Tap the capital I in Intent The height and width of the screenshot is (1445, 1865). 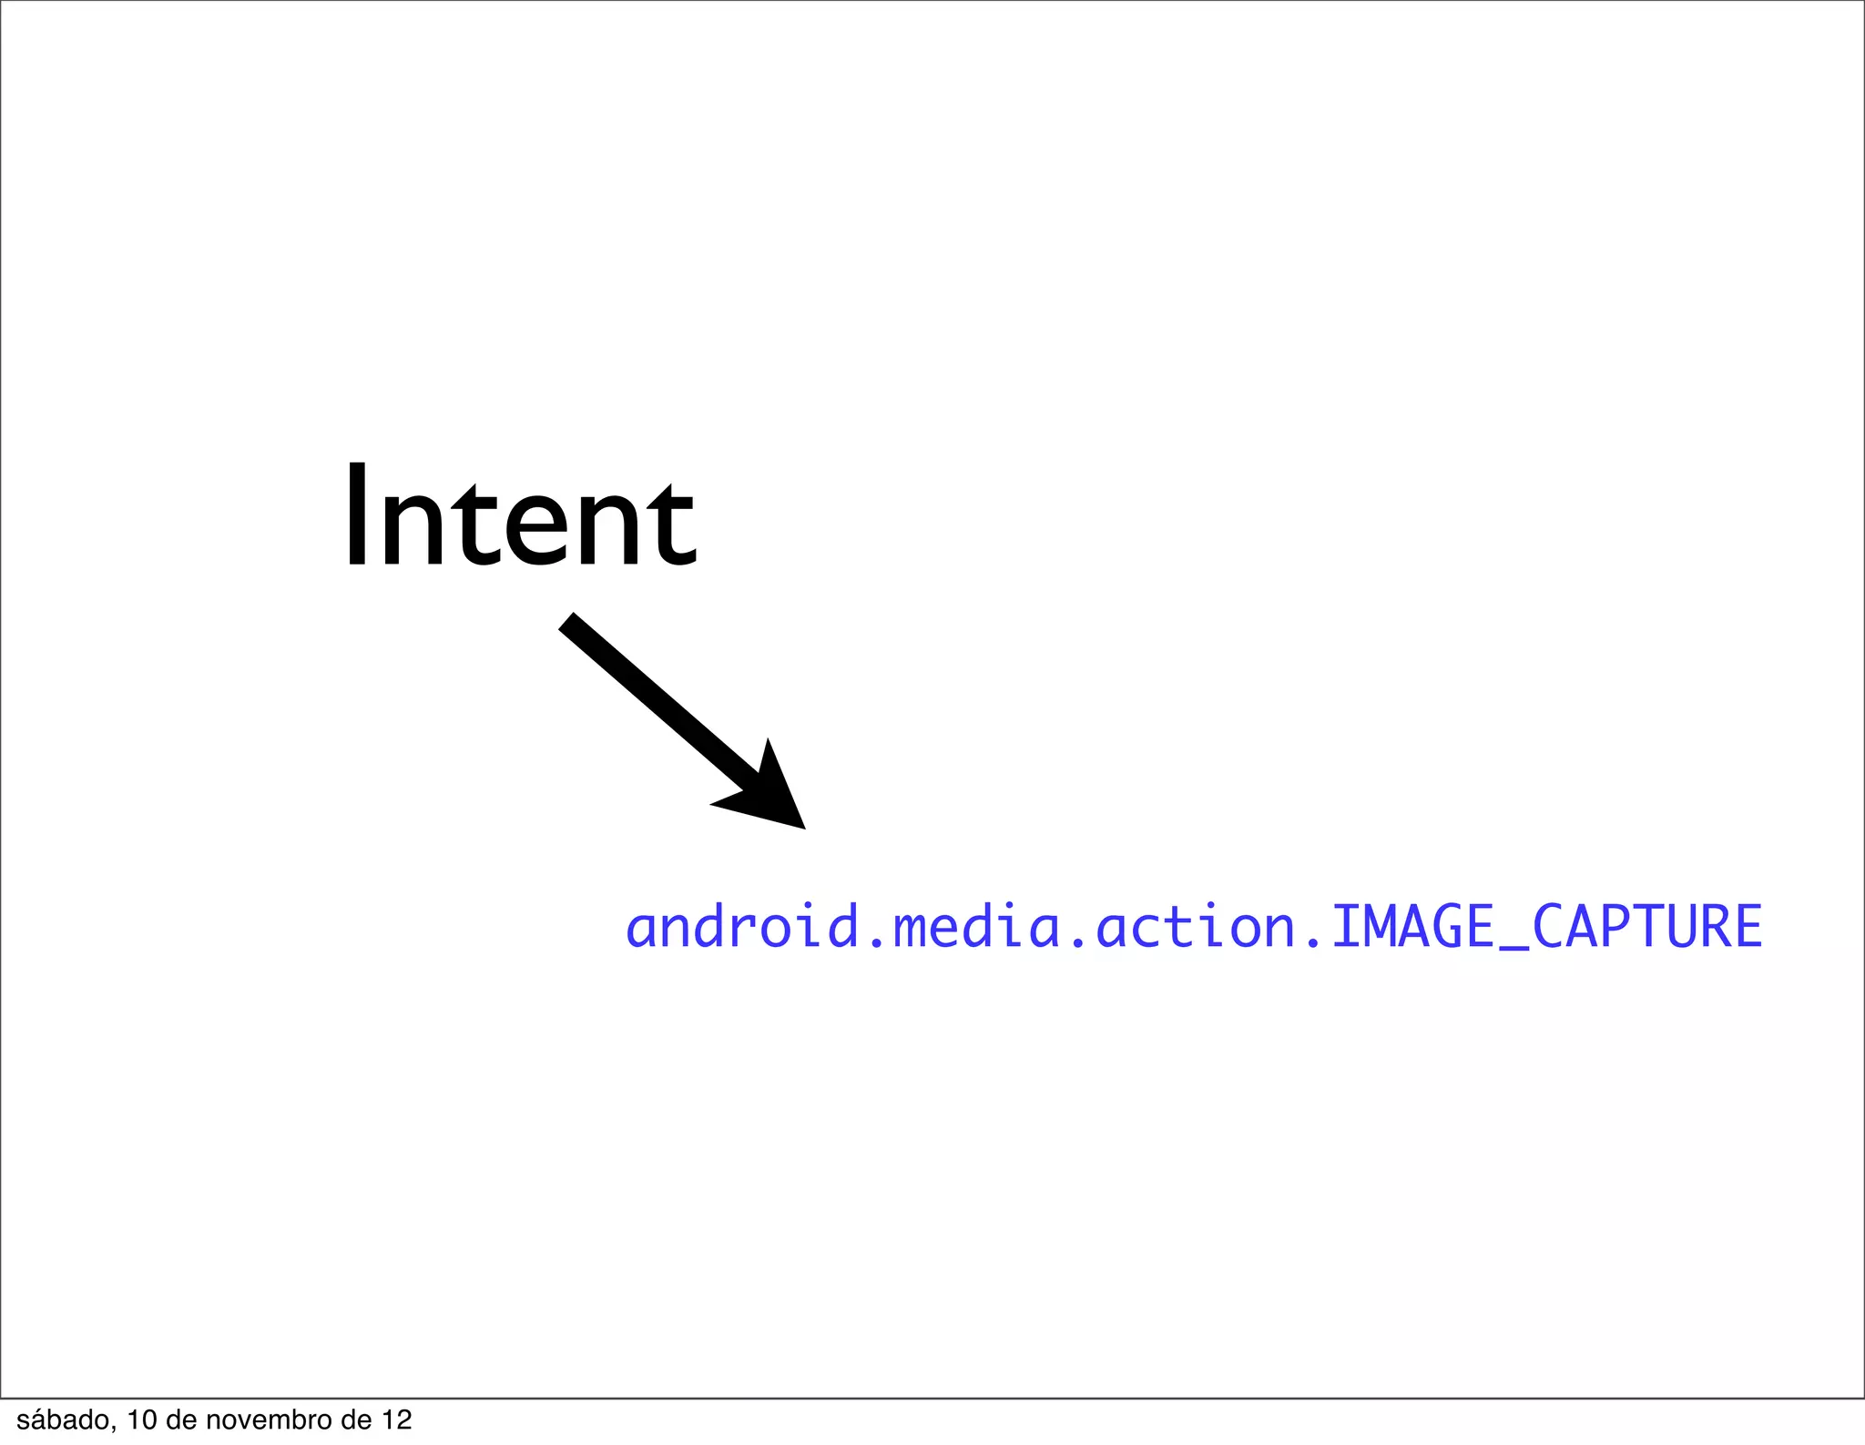click(357, 517)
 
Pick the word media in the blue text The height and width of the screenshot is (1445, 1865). click(977, 928)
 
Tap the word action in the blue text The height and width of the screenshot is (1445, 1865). click(1196, 928)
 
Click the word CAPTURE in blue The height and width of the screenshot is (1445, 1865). click(1647, 928)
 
